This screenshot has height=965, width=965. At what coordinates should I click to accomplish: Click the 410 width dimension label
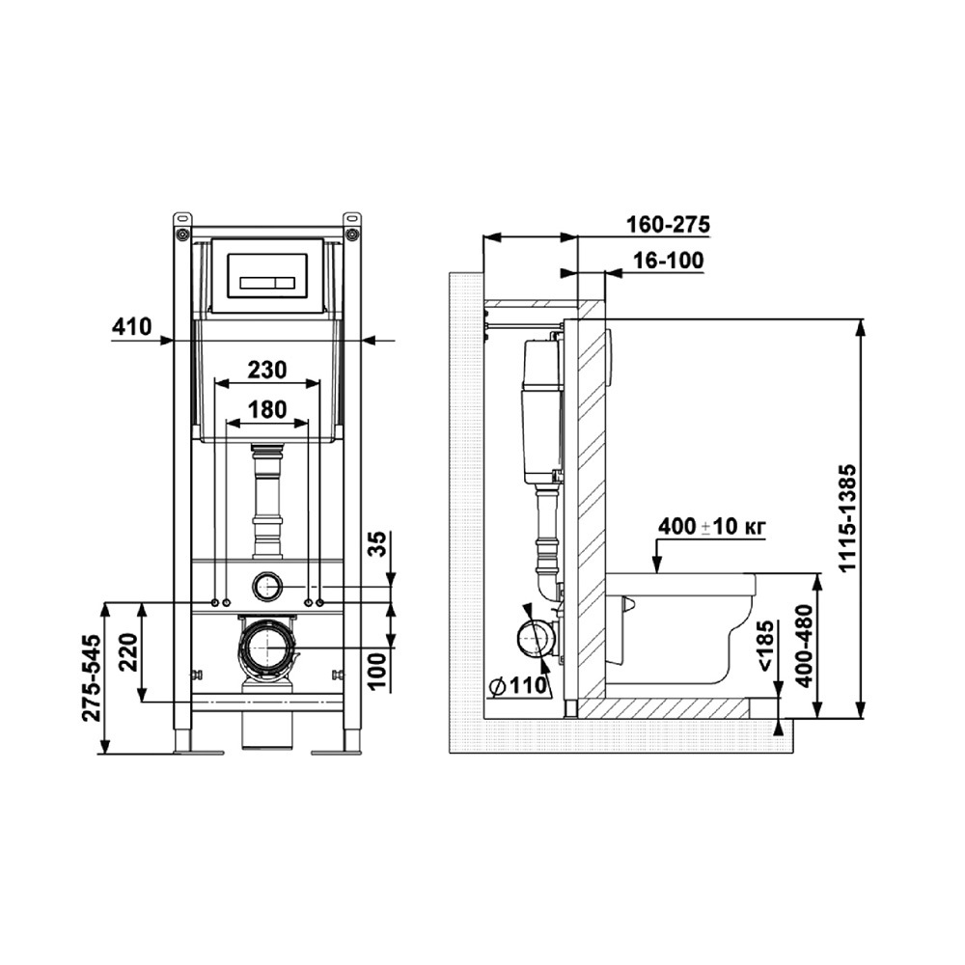click(131, 326)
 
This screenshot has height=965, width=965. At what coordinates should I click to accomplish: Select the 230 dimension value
click(267, 370)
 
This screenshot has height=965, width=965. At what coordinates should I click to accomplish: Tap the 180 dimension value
click(267, 409)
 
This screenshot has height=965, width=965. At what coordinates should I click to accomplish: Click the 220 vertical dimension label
click(128, 653)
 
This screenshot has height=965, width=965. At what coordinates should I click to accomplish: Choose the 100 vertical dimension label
click(379, 671)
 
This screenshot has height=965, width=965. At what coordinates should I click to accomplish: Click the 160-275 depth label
click(668, 225)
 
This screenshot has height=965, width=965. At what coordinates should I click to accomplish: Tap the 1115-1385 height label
click(848, 519)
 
